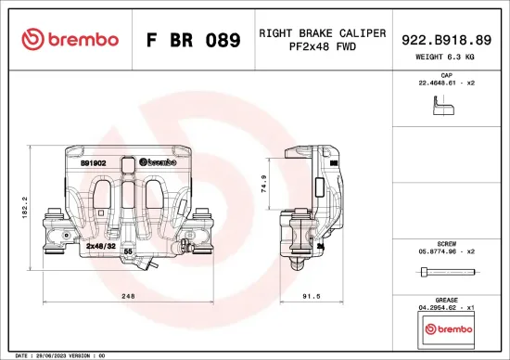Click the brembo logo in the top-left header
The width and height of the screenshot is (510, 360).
(x=70, y=40)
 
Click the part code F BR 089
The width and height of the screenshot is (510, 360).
(x=194, y=41)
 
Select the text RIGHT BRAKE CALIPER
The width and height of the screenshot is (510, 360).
(x=322, y=32)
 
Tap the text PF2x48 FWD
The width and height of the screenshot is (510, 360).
(x=322, y=47)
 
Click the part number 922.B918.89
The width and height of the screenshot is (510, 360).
(x=446, y=40)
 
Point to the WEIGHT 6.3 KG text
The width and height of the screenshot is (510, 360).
(x=446, y=58)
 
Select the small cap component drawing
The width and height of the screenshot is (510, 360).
(x=444, y=109)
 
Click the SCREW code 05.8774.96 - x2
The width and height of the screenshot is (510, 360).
(x=446, y=251)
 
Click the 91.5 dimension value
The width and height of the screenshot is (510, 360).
(x=312, y=297)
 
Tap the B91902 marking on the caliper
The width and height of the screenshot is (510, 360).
(x=93, y=163)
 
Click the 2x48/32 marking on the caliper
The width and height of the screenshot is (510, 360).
(x=100, y=247)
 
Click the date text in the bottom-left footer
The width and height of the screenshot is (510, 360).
(x=55, y=354)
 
